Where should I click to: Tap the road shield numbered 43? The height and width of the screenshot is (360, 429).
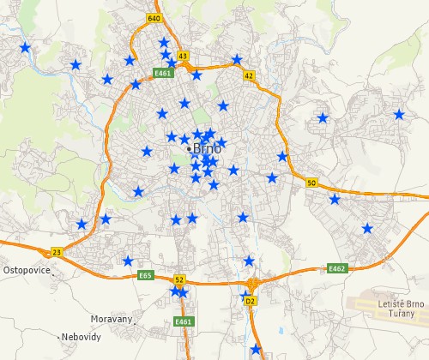pyautogui.click(x=182, y=56)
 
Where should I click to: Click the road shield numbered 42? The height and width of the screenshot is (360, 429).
pyautogui.click(x=249, y=75)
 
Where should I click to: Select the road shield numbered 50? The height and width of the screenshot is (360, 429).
pyautogui.click(x=311, y=183)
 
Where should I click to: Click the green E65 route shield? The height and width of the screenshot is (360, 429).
pyautogui.click(x=145, y=275)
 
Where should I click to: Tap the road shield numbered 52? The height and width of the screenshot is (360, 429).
pyautogui.click(x=179, y=279)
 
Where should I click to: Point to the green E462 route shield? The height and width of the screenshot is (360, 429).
pyautogui.click(x=336, y=268)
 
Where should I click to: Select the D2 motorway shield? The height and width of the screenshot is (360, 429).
pyautogui.click(x=251, y=301)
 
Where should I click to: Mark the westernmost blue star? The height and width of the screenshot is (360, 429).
pyautogui.click(x=25, y=47)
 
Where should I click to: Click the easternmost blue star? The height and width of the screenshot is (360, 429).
pyautogui.click(x=399, y=114)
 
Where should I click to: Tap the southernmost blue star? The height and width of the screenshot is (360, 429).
pyautogui.click(x=255, y=349)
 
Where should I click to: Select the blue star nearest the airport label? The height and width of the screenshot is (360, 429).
pyautogui.click(x=367, y=228)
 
